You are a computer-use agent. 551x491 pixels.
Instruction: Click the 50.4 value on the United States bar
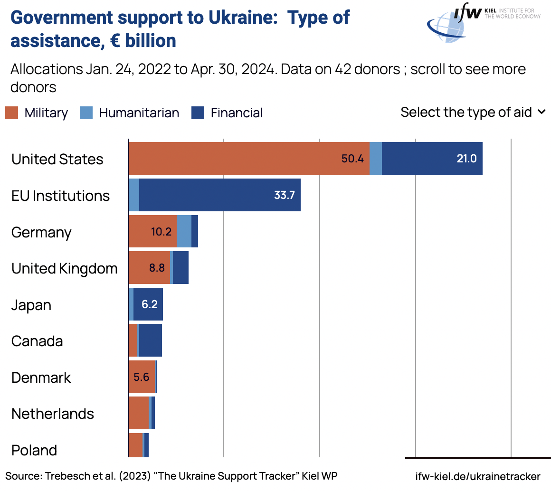(x=352, y=159)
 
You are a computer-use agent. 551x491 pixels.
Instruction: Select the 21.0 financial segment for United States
(x=466, y=159)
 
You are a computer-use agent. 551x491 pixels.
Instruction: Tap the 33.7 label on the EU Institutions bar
(x=285, y=195)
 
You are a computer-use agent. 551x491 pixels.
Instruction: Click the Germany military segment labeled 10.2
(x=161, y=232)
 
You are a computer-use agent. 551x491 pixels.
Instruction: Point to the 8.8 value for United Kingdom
(x=157, y=268)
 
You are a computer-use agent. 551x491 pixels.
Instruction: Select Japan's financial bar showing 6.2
(x=149, y=304)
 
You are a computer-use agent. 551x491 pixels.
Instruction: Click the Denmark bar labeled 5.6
(x=142, y=377)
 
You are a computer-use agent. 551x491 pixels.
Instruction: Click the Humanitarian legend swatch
(x=86, y=113)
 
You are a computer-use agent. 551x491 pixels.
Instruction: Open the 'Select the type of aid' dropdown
(x=473, y=112)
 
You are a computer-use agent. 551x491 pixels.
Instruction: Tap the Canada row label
(x=37, y=341)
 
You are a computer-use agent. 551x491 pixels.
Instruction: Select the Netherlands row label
(x=53, y=414)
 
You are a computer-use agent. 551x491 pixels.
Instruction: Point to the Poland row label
(x=34, y=450)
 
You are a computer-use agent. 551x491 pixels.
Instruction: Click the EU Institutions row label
(x=60, y=196)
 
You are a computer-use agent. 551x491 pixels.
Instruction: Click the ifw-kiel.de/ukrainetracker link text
(x=477, y=476)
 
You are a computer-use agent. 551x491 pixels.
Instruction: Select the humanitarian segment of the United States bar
(x=376, y=159)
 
